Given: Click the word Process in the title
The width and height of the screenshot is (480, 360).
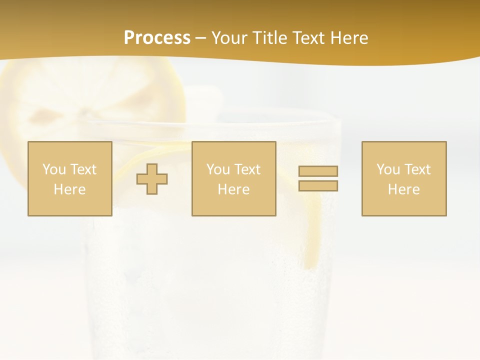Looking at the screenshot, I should coord(157,38).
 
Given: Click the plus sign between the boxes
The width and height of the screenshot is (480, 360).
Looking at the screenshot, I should coord(152,179).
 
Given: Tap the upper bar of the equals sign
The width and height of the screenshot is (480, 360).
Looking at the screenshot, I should coord(318,171).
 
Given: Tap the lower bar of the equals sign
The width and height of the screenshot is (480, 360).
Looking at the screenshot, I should coord(318,186).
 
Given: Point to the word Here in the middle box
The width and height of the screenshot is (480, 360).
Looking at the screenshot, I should coord(234,189).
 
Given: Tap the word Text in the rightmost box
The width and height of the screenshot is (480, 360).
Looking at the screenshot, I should coord(417,169).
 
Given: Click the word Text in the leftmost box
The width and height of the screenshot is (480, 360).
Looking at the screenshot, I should coord(83,169).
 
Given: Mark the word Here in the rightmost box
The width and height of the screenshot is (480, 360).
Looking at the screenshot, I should coord(404,189).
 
